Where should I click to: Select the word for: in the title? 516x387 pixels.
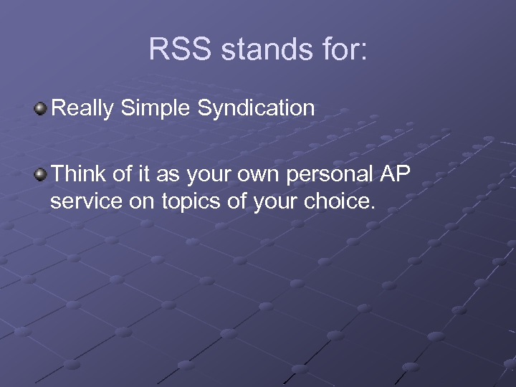[341, 50]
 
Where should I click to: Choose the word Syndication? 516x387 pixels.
[256, 109]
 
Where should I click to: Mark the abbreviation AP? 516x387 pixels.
[393, 174]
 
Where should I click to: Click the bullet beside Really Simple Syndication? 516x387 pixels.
[41, 109]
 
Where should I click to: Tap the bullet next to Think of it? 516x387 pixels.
[41, 175]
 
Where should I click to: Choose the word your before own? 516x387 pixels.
[206, 174]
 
